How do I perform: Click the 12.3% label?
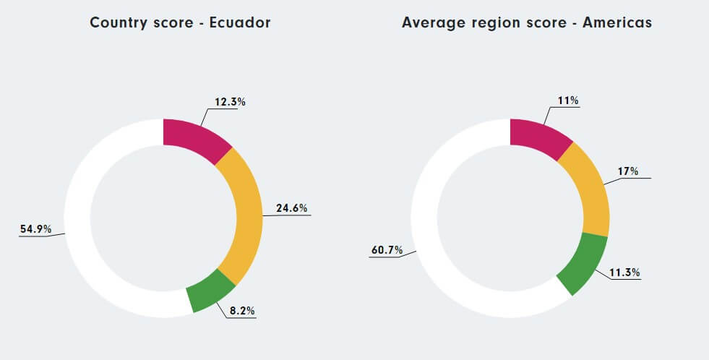pyautogui.click(x=230, y=102)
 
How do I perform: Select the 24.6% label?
pyautogui.click(x=291, y=208)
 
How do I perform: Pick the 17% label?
pyautogui.click(x=627, y=171)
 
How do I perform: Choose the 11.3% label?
pyautogui.click(x=625, y=273)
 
